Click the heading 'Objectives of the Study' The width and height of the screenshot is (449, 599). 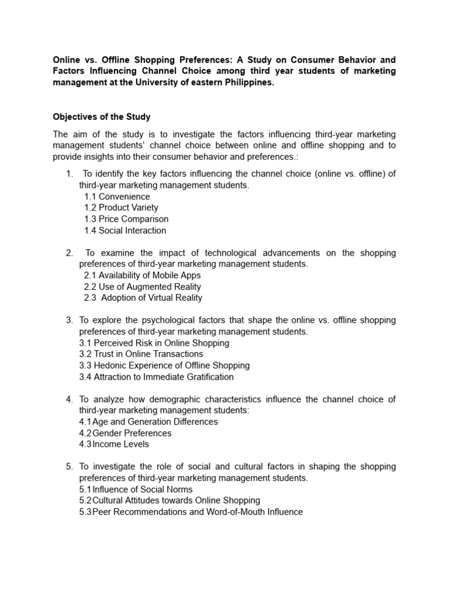tap(102, 117)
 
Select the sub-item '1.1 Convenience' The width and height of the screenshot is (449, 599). tap(117, 197)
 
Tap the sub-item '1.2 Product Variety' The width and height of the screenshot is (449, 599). tap(121, 208)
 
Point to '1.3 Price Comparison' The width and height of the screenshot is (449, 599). tap(126, 219)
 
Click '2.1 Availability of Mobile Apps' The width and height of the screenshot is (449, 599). tap(142, 275)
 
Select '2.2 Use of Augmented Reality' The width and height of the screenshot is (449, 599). tap(142, 287)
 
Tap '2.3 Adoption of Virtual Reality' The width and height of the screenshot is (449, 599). tap(143, 298)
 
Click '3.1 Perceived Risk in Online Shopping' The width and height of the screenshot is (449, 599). tap(154, 343)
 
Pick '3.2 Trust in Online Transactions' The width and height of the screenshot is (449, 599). tap(141, 354)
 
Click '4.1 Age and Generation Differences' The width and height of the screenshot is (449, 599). tap(148, 422)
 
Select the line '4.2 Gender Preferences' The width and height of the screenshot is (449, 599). tap(125, 433)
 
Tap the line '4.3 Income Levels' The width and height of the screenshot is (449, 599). tap(114, 444)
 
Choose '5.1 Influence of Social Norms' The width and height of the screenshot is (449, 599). tap(136, 489)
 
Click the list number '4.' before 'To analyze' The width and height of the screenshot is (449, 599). tap(69, 399)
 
